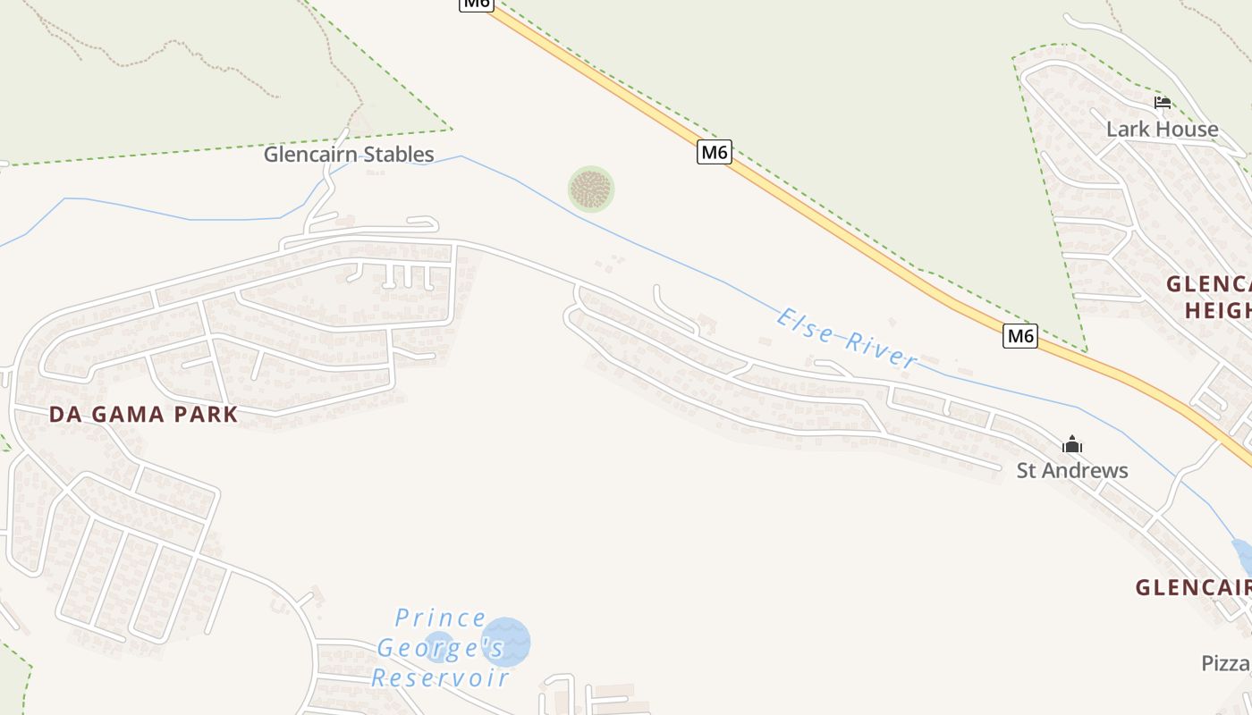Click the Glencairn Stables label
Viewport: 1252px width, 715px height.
pos(349,155)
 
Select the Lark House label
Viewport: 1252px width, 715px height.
pos(1162,130)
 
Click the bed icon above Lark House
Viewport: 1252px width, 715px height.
pos(1162,103)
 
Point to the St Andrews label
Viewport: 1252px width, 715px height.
pos(1072,470)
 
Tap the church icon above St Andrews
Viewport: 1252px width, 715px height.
pos(1072,444)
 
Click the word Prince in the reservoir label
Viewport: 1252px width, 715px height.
pos(441,618)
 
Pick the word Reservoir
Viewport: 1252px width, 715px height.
pos(441,677)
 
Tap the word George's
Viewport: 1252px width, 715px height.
pos(441,647)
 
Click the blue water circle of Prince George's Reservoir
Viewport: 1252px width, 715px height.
pos(506,642)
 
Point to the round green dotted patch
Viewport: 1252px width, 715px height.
pos(591,189)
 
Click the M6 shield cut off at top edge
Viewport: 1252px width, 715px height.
pos(476,4)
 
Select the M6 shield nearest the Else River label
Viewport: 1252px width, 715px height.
pos(1019,336)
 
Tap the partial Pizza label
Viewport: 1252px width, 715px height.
pos(1226,663)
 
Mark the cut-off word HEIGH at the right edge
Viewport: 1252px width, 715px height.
pos(1218,310)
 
